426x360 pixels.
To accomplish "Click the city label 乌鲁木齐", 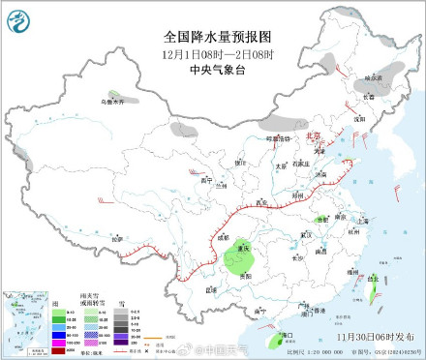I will [x=114, y=101].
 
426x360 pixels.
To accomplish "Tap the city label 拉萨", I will [x=117, y=238].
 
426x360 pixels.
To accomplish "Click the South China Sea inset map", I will [x=22, y=322].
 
